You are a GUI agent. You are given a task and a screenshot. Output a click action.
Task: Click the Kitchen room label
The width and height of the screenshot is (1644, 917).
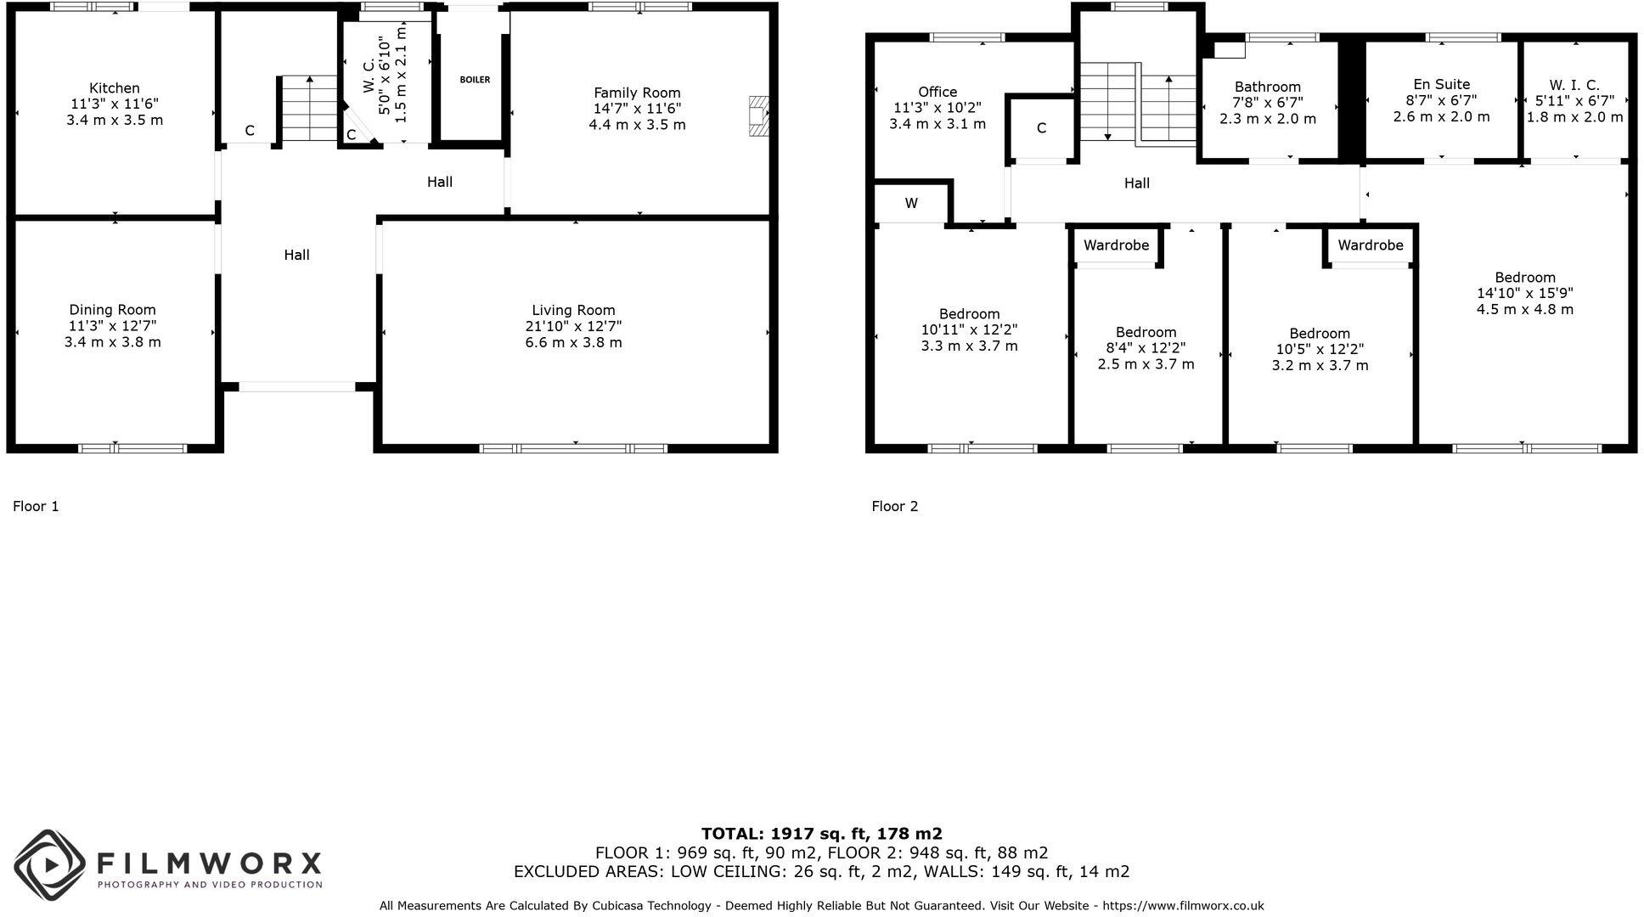(115, 88)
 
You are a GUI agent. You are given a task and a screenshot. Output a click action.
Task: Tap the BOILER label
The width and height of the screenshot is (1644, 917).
(475, 80)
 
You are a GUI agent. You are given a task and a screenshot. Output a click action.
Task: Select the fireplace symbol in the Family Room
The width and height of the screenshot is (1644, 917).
(758, 116)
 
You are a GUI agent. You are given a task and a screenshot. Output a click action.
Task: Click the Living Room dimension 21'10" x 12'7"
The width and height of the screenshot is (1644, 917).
(573, 327)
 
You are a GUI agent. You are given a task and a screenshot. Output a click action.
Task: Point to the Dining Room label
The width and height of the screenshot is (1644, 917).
(112, 310)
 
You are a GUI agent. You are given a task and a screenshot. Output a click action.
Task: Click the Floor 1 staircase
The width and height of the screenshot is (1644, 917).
(308, 109)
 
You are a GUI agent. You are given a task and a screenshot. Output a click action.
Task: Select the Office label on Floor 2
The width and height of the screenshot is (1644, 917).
(937, 92)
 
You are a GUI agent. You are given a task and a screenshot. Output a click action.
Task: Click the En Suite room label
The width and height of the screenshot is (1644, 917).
(1441, 84)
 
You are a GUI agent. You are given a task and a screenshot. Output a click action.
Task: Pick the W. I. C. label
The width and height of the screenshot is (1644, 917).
(1574, 85)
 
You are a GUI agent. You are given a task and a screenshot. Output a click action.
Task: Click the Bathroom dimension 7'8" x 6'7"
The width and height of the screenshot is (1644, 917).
(1267, 103)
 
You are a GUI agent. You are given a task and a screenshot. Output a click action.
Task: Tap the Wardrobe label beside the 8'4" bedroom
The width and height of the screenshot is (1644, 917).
(1116, 245)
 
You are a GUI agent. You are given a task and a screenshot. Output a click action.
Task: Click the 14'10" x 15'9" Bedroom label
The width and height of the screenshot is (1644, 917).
(1524, 278)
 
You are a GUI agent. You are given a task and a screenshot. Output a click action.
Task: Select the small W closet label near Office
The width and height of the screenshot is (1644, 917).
(911, 204)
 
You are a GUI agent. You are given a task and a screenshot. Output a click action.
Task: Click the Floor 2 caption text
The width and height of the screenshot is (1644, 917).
(894, 506)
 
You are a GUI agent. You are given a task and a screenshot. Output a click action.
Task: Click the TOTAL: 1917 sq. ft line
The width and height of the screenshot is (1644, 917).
(821, 834)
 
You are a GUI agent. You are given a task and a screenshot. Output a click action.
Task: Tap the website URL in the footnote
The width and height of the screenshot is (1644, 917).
(1183, 906)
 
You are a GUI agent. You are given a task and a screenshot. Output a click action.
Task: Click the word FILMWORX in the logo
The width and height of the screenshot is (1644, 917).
(209, 864)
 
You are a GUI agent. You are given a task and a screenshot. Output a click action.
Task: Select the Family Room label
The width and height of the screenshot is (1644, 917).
(637, 93)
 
